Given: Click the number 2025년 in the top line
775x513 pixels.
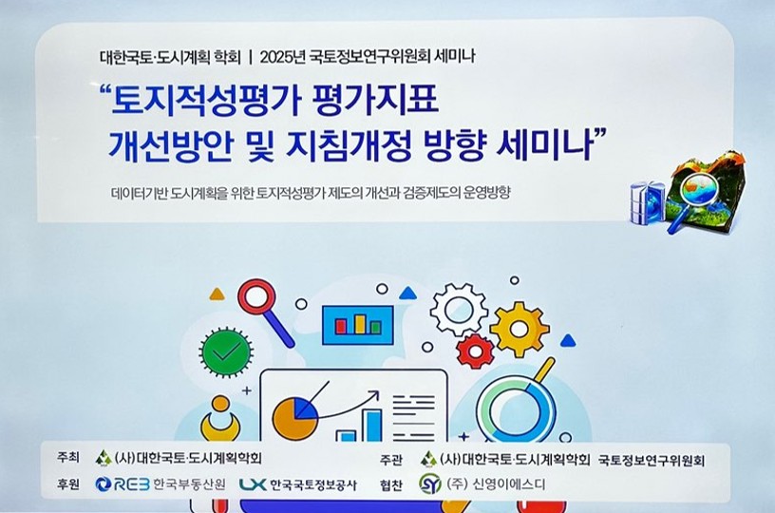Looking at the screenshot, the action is (282, 57).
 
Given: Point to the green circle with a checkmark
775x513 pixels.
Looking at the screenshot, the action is (226, 351).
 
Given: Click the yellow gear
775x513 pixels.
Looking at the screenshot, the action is (519, 329).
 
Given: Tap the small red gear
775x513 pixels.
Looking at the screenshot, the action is (475, 351).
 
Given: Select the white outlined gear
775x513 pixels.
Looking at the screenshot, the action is (459, 310).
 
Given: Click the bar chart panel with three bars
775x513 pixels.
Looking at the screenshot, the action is (358, 325).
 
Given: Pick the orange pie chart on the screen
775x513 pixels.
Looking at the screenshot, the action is (293, 419).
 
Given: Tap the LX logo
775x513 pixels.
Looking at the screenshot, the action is (252, 484).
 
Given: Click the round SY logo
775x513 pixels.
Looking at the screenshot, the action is (429, 484).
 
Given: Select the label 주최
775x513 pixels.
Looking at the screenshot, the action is (67, 458).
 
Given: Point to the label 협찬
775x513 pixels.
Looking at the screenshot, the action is (391, 485).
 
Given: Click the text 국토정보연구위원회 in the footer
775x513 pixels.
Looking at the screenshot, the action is (651, 461).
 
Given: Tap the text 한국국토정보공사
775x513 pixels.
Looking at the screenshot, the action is (313, 484).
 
